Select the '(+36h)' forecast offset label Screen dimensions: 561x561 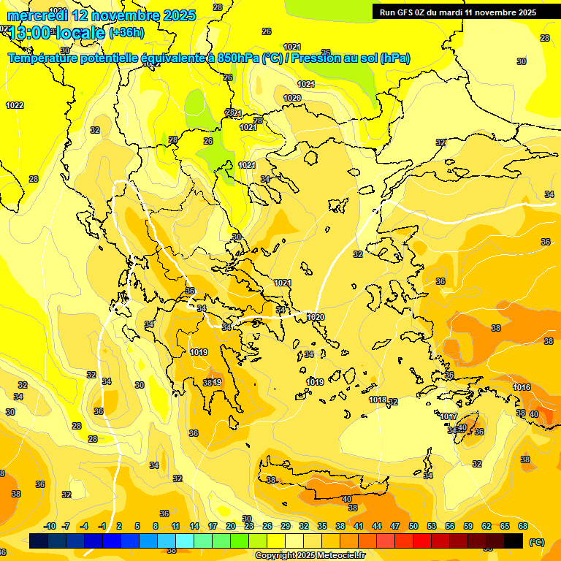point(126,33)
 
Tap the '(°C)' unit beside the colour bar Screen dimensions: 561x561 point(535,541)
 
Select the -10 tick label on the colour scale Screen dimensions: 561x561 point(50,526)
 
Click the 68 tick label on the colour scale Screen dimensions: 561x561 point(523,526)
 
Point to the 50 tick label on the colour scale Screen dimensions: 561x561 point(413,526)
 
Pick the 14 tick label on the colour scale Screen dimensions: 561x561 point(194,526)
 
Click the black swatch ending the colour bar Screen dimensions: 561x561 point(514,541)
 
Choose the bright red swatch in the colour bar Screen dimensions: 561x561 point(422,541)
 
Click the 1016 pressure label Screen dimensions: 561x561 point(522,387)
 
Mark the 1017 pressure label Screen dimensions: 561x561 point(449,416)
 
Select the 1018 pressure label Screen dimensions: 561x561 point(378,400)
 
